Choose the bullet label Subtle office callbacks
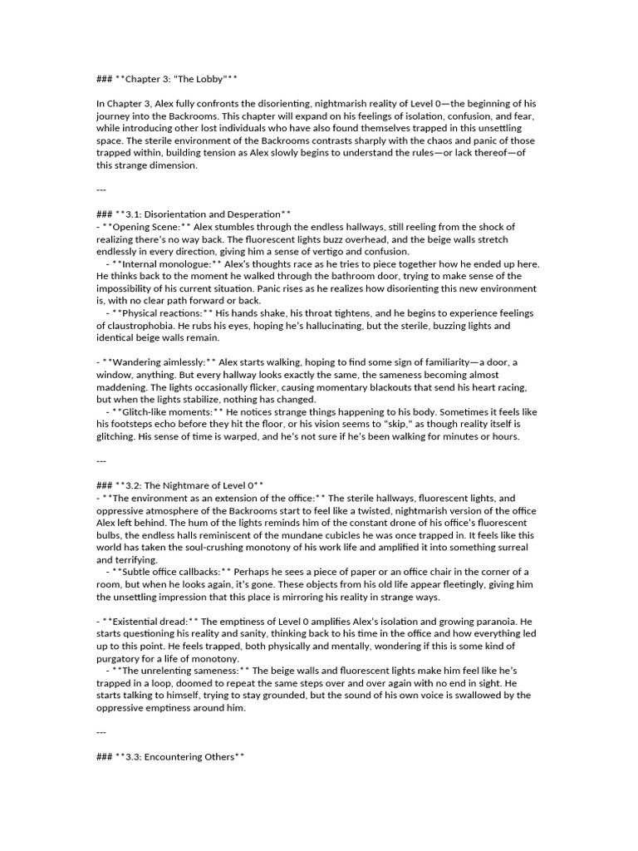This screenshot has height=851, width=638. pyautogui.click(x=174, y=572)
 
